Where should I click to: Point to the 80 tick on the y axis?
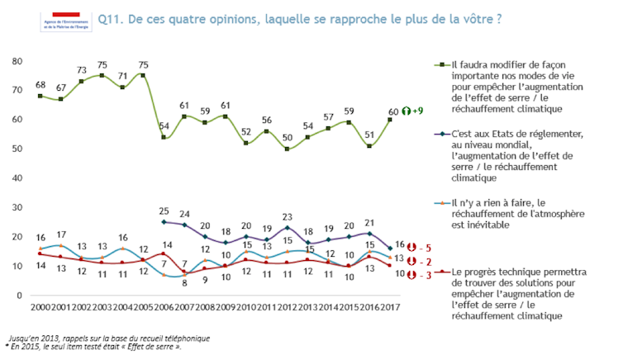pos(16,61)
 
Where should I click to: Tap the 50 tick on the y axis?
pos(16,149)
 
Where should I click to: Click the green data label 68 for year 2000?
pos(40,84)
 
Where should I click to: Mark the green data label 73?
pos(82,70)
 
